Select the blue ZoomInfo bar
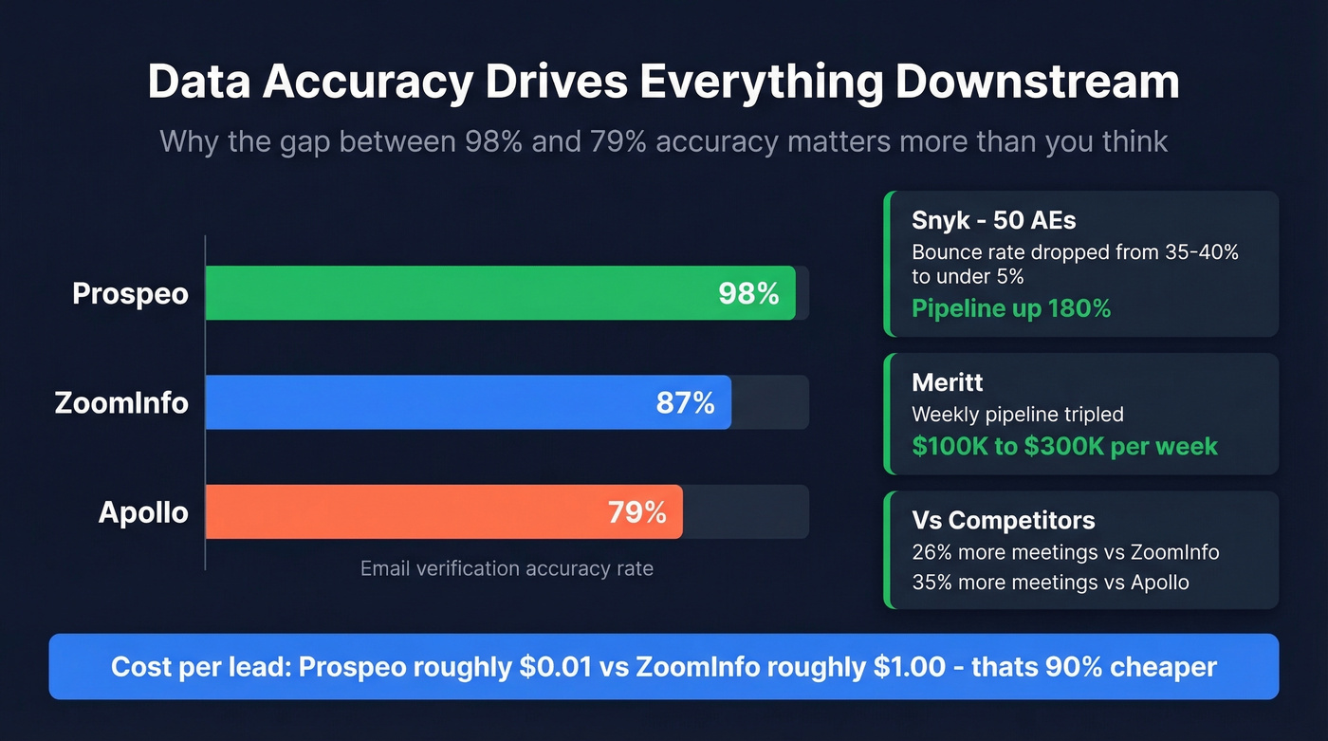coord(427,402)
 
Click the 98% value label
coord(748,293)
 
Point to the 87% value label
coord(685,402)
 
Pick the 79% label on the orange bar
coord(636,512)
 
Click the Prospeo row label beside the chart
coord(130,293)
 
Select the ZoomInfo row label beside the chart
coord(120,402)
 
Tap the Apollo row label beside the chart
coord(143,512)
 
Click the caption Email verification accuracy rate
coord(507,568)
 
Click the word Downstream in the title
coord(1037,83)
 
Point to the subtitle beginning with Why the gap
coord(664,141)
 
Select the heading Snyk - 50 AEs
coord(993,220)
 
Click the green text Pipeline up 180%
coord(1010,307)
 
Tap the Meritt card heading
coord(947,382)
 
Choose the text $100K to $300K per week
coord(1064,446)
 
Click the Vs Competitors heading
coord(1003,520)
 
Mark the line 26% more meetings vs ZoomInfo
coord(1065,551)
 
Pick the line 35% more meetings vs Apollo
coord(1050,582)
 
